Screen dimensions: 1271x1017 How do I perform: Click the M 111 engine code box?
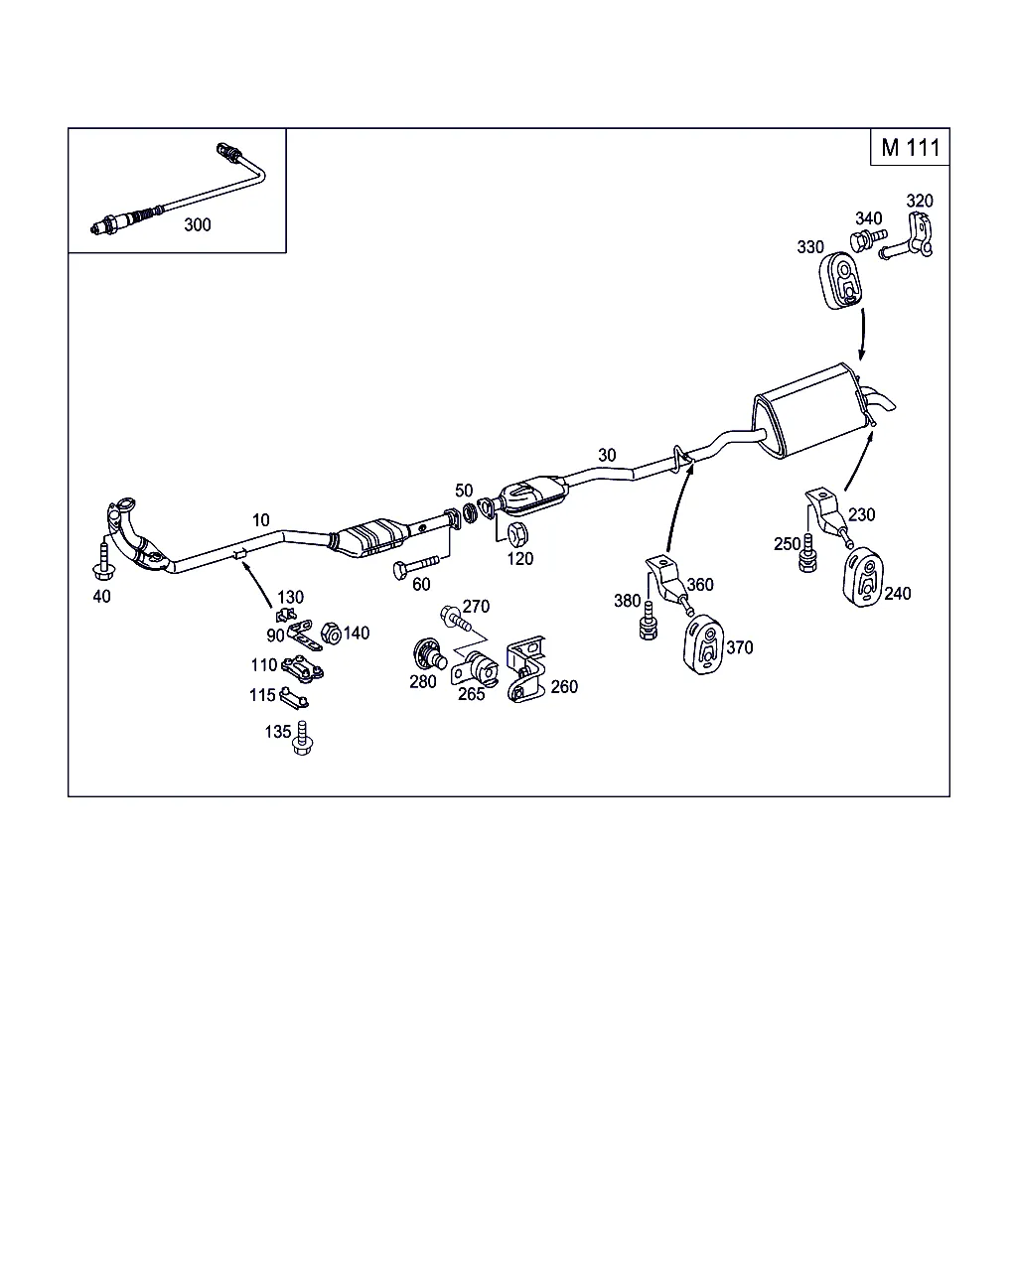(909, 148)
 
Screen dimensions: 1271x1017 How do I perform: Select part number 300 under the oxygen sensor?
(198, 224)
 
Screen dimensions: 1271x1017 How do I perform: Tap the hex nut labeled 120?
(517, 534)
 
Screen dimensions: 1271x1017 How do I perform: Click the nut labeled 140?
(332, 633)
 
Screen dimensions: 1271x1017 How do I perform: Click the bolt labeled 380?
(649, 620)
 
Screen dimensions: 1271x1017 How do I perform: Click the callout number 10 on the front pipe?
(260, 519)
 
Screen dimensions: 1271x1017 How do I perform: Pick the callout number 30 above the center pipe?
(607, 455)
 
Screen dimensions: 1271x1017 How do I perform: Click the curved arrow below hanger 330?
(862, 334)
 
